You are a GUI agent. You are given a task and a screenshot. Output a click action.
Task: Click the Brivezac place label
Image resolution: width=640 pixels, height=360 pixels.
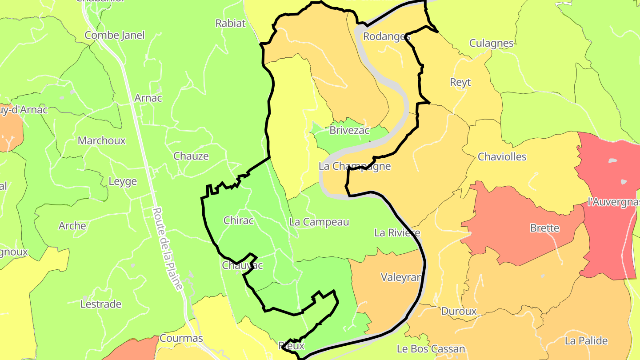point(349,131)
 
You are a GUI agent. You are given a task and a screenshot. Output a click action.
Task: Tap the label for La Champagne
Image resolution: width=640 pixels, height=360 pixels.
point(355,166)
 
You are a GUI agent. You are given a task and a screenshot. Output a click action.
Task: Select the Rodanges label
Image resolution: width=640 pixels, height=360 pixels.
point(386,36)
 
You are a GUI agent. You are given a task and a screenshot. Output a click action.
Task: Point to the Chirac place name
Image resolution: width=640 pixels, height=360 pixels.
point(239,220)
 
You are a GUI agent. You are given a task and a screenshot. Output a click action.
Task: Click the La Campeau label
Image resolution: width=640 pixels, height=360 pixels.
point(319,222)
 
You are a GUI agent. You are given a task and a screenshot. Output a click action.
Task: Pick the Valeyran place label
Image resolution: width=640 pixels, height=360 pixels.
point(401,277)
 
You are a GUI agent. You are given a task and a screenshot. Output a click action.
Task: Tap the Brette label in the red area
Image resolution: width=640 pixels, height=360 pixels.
point(544,228)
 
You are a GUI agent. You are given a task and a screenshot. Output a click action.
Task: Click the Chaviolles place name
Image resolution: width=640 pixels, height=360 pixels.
point(502,157)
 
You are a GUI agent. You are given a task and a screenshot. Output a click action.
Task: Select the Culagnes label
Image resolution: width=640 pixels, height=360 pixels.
point(491,44)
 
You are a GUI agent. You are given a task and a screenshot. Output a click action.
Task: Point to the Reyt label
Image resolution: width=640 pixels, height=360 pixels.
point(460,82)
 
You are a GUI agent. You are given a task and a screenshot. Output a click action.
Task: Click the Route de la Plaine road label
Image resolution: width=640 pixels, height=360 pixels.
point(168,249)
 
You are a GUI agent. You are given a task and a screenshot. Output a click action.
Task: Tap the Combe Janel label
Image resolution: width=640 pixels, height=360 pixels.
point(115,35)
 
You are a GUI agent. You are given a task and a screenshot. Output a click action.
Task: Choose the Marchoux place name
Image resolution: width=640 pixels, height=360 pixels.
point(102,141)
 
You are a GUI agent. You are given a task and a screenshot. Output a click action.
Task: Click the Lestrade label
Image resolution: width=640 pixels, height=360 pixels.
point(101,304)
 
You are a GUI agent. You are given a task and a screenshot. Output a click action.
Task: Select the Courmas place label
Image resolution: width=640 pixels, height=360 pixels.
point(181,338)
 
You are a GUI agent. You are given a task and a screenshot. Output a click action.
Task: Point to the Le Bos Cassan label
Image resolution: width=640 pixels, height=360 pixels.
point(431,349)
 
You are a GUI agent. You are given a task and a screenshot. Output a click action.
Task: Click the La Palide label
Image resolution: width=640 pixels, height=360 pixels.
point(586,341)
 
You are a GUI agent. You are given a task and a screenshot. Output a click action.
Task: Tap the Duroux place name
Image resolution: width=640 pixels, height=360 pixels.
point(459,311)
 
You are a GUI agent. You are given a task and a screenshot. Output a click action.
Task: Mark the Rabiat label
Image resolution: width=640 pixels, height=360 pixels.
point(230,24)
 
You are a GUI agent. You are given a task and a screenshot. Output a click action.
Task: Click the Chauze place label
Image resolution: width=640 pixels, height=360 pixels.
point(191,156)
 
